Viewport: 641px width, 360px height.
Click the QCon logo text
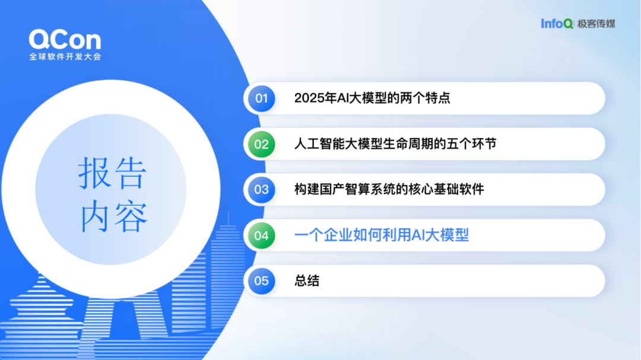pyautogui.click(x=65, y=40)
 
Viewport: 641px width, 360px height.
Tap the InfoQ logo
pyautogui.click(x=557, y=24)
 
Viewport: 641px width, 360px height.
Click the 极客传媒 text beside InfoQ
pyautogui.click(x=596, y=24)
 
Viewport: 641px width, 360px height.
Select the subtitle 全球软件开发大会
pyautogui.click(x=65, y=56)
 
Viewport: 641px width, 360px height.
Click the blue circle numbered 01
pyautogui.click(x=262, y=98)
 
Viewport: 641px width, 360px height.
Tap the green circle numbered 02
pyautogui.click(x=262, y=144)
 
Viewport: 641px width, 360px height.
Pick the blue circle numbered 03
pyautogui.click(x=262, y=190)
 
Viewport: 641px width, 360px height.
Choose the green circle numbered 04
pyautogui.click(x=262, y=235)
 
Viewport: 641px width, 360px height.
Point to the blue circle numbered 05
pyautogui.click(x=262, y=281)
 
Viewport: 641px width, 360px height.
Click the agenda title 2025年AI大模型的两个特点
pyautogui.click(x=372, y=98)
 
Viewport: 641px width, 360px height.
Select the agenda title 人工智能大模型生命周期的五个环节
pyautogui.click(x=395, y=144)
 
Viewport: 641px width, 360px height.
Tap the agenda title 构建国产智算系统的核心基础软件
pyautogui.click(x=389, y=189)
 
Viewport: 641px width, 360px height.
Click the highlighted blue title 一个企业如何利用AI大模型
pyautogui.click(x=382, y=235)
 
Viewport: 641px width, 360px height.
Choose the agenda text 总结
pyautogui.click(x=307, y=281)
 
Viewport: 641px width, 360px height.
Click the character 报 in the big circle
pyautogui.click(x=94, y=173)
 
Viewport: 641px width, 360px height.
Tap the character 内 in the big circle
pyautogui.click(x=94, y=216)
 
